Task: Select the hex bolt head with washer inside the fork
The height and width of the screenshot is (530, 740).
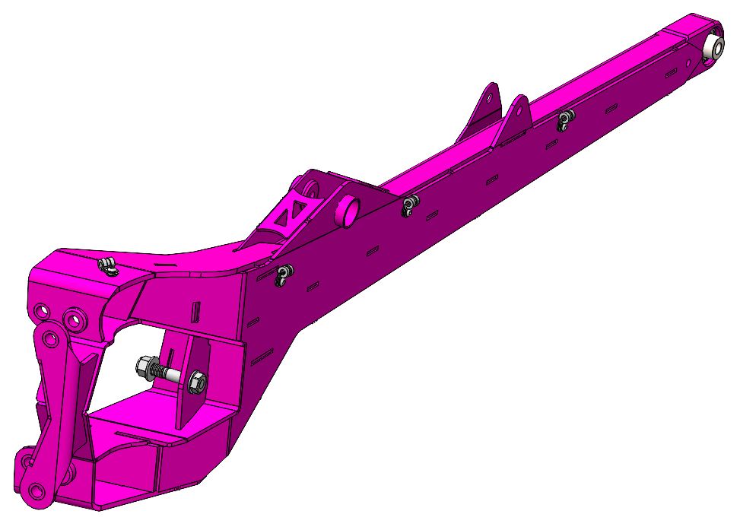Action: [x=146, y=368]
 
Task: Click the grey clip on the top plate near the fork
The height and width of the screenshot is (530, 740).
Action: [x=109, y=266]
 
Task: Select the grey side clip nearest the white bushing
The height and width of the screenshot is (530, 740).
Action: [x=564, y=119]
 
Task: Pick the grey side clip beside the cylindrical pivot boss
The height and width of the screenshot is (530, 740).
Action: [x=411, y=205]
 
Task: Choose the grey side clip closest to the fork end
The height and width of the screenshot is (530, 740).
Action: [x=283, y=275]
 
